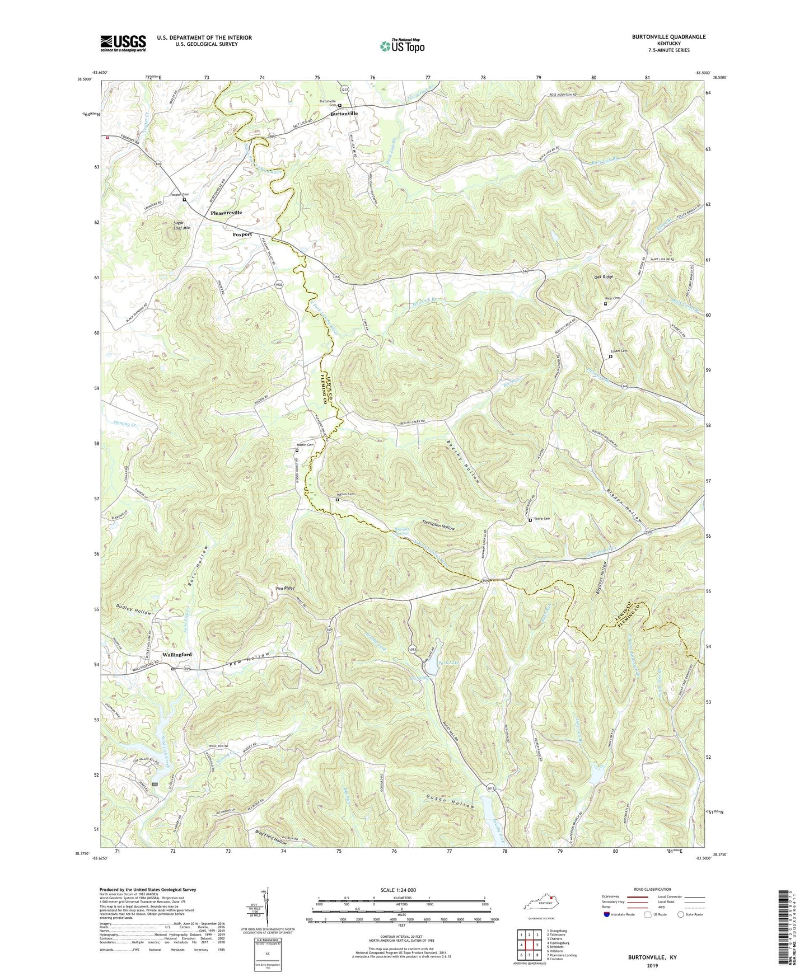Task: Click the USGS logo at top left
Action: click(123, 43)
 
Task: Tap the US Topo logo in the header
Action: click(402, 46)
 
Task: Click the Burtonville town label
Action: click(344, 114)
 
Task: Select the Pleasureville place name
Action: click(226, 213)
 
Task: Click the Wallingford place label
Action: click(177, 654)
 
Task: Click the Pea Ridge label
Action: click(285, 588)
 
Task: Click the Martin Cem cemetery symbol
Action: click(297, 450)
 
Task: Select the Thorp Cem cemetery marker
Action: click(530, 520)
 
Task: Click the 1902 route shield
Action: click(279, 285)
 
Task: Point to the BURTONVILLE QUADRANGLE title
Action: click(661, 37)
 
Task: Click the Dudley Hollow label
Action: click(134, 609)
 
